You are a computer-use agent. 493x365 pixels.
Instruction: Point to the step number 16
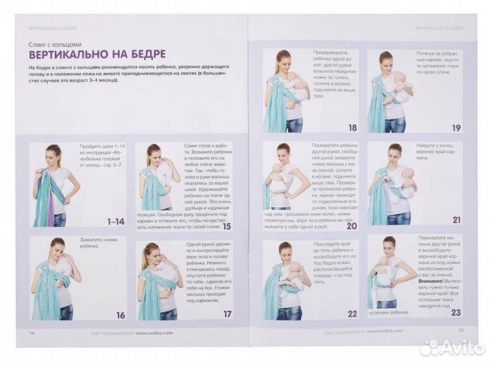120,315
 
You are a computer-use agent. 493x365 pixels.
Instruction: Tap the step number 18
352,127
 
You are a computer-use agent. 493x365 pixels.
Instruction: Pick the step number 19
455,128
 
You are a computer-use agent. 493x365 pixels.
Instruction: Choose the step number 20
352,224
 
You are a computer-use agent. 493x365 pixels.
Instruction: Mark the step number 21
455,220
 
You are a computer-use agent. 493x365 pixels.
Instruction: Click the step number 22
352,314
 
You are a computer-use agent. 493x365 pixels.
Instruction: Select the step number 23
455,312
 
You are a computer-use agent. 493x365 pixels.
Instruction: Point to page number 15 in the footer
461,330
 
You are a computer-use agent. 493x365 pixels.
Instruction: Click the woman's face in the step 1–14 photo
53,152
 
